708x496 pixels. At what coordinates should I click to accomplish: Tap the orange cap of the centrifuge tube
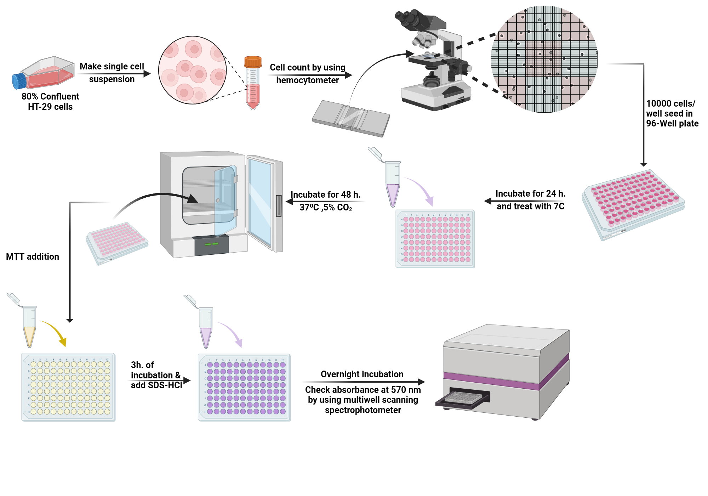(x=253, y=62)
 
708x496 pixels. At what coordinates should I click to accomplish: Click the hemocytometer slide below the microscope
(x=351, y=118)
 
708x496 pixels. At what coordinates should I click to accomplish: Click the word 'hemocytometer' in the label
(x=307, y=80)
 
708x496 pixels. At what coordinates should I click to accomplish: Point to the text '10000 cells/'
(x=670, y=103)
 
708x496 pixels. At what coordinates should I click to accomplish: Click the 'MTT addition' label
(x=33, y=257)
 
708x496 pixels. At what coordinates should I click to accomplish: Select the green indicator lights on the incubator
(x=211, y=244)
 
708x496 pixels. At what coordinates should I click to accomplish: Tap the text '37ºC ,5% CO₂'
(x=325, y=207)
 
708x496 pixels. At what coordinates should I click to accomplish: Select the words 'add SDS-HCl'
(x=156, y=385)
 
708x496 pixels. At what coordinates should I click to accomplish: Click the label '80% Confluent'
(x=50, y=96)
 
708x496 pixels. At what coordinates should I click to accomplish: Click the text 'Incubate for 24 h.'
(x=530, y=193)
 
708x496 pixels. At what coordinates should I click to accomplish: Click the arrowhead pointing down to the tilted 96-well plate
(x=644, y=164)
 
